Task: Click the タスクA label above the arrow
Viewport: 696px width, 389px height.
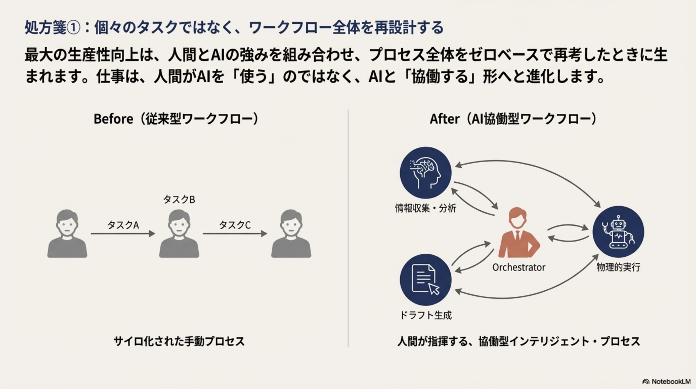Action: pyautogui.click(x=123, y=225)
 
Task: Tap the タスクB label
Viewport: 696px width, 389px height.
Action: pyautogui.click(x=179, y=200)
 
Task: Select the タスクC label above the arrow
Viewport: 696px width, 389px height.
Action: pyautogui.click(x=235, y=225)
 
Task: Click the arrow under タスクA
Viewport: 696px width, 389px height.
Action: pyautogui.click(x=123, y=234)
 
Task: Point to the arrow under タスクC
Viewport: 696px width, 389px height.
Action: pyautogui.click(x=235, y=234)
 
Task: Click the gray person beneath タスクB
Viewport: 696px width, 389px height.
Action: pyautogui.click(x=179, y=234)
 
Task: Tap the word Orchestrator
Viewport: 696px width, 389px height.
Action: pyautogui.click(x=518, y=267)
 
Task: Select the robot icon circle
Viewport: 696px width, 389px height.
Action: pyautogui.click(x=618, y=232)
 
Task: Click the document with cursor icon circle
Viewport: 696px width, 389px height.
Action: pyautogui.click(x=426, y=280)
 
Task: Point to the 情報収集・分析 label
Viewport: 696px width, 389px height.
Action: pyautogui.click(x=426, y=208)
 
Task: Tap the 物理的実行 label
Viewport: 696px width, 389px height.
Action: pyautogui.click(x=618, y=267)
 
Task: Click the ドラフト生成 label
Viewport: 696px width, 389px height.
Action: pyautogui.click(x=426, y=315)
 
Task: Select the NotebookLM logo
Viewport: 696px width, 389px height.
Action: pyautogui.click(x=666, y=381)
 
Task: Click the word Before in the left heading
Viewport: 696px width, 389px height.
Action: pyautogui.click(x=113, y=119)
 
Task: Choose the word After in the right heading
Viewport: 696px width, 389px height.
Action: pyautogui.click(x=444, y=119)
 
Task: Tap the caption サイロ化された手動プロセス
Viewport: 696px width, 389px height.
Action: pyautogui.click(x=179, y=341)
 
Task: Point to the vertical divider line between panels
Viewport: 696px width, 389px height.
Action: pyautogui.click(x=348, y=227)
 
